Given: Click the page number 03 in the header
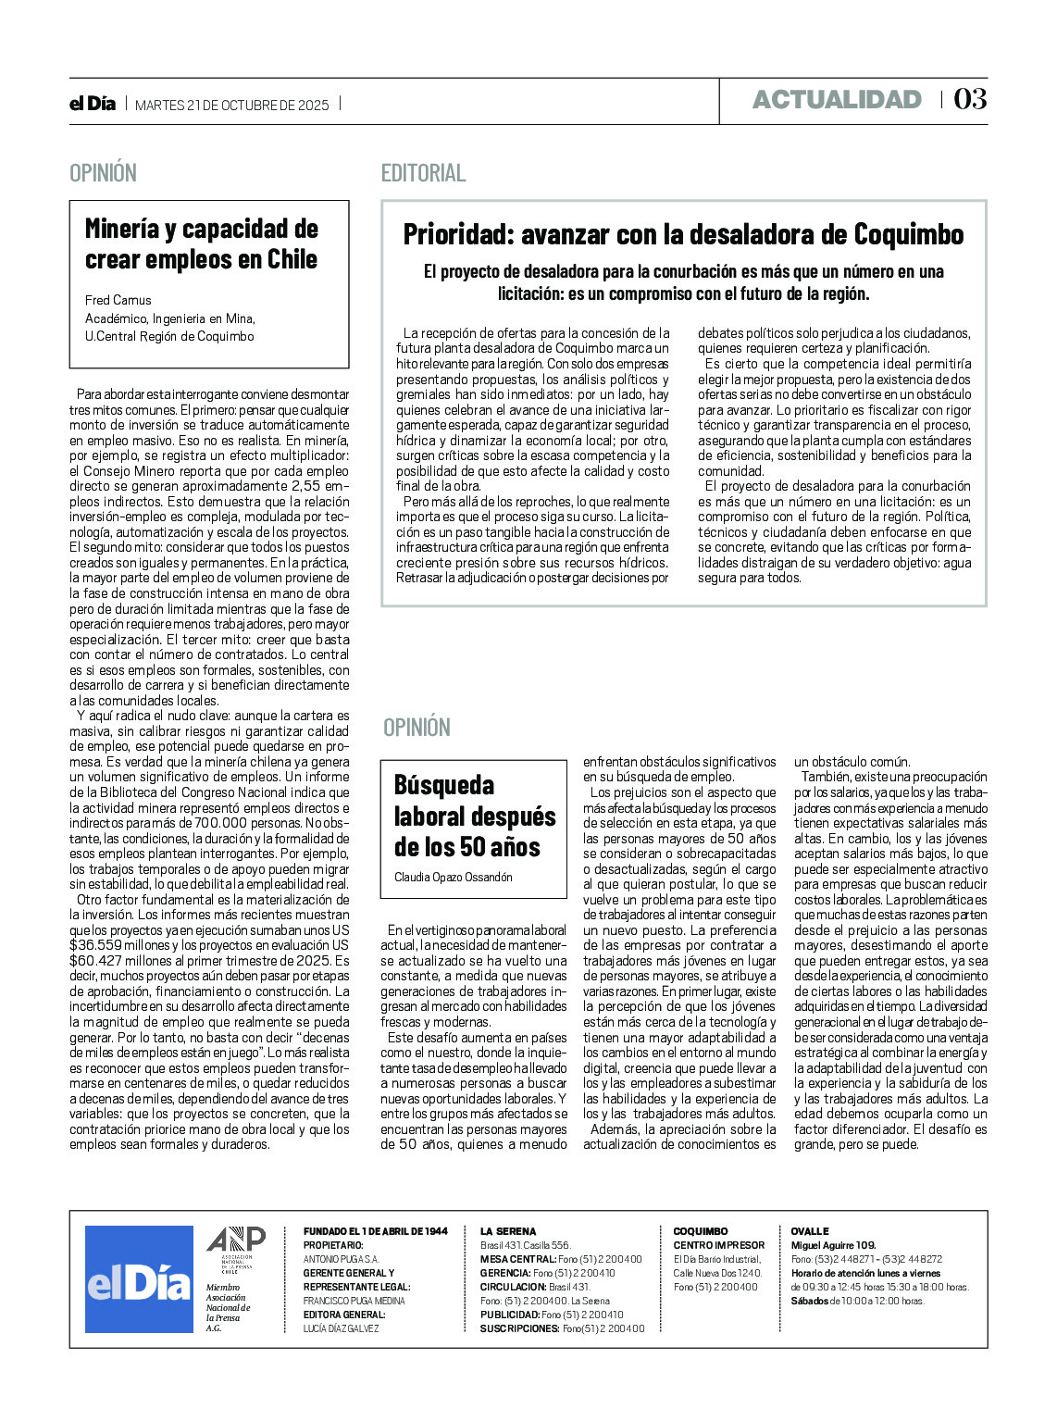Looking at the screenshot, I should point(970,99).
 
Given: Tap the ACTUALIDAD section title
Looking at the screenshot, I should point(837,100).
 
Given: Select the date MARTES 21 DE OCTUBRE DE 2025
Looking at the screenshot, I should point(232,105).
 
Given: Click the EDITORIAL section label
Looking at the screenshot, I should point(423,173).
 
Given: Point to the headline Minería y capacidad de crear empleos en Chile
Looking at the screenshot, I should point(202,244).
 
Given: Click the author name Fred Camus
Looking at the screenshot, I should point(118,300).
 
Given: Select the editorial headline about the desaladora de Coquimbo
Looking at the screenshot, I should point(683,235).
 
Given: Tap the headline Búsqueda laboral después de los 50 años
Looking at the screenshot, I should point(474,816).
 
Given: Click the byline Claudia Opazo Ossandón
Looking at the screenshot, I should point(453,877).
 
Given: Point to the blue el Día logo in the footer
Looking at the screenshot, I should point(139,1279).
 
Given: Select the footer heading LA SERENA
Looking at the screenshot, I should point(508,1231).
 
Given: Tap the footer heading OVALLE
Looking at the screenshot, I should point(810,1231).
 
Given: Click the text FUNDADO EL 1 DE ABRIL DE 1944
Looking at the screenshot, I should point(375,1231).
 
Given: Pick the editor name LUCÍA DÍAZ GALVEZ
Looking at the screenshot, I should point(341,1328).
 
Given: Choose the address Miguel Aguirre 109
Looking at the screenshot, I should point(833,1245).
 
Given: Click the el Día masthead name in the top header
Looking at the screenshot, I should point(93,104).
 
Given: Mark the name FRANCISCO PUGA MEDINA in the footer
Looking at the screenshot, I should point(354,1301).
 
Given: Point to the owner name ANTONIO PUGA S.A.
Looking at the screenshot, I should point(341,1259).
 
